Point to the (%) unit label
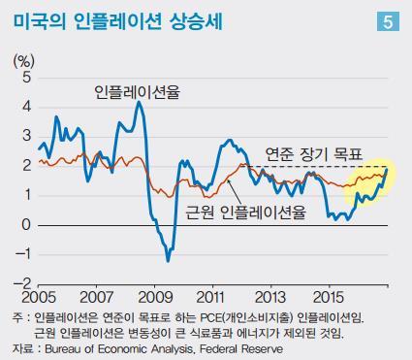tap(21, 61)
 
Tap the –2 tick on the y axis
tap(22, 284)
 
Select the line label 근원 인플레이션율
tap(245, 211)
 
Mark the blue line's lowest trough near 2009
tap(168, 260)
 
